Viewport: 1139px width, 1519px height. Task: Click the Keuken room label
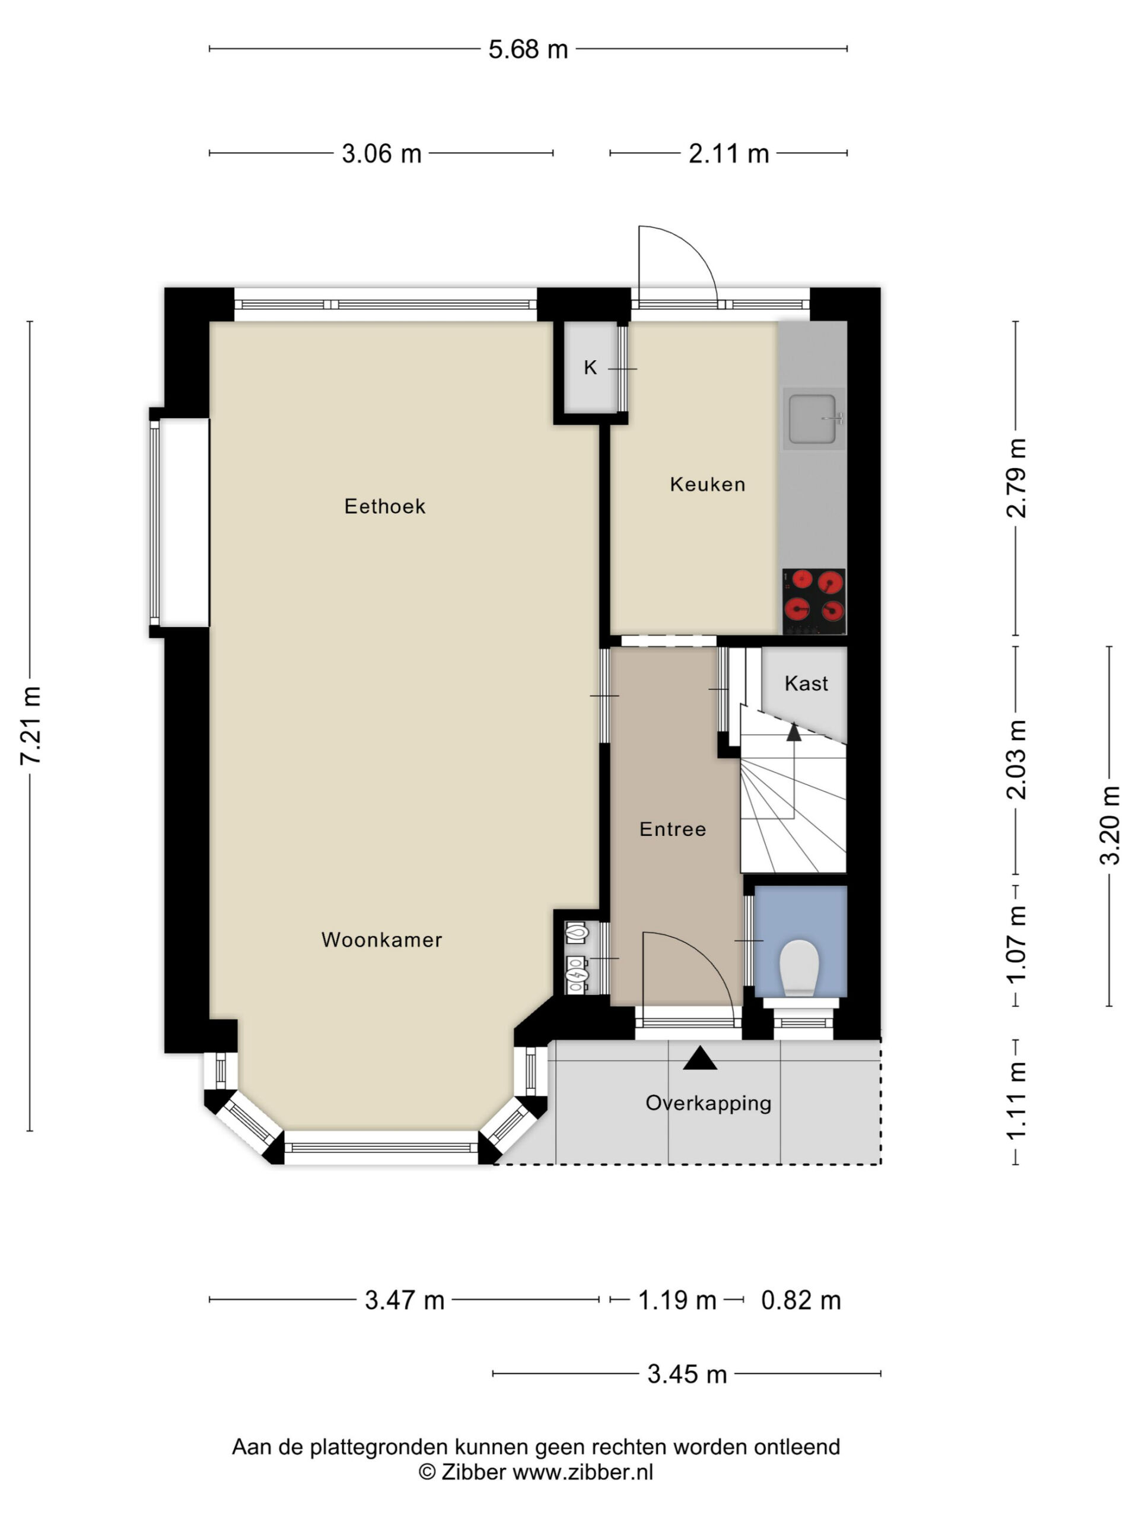pos(707,484)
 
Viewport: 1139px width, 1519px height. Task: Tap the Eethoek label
pos(384,506)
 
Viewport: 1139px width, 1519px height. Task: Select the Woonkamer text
pos(381,939)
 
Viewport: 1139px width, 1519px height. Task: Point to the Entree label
pos(672,829)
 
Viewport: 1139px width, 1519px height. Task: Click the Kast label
pos(806,684)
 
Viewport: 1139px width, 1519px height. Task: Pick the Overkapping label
pos(708,1104)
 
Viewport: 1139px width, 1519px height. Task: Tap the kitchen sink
pos(813,418)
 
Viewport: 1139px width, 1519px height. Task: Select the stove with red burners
pos(813,602)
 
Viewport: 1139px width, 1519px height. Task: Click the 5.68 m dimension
pos(528,49)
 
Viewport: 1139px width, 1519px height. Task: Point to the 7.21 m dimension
pos(31,724)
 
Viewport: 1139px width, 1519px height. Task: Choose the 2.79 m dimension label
pos(1016,478)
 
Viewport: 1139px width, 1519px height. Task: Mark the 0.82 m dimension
pos(800,1300)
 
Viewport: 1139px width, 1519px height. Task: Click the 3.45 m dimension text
pos(686,1374)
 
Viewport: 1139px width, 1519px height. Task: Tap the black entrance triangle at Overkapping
pos(699,1058)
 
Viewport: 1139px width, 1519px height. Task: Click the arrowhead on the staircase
pos(794,732)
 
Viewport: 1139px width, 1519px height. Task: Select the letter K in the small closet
pos(590,368)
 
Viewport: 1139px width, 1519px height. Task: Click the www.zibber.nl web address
pos(583,1472)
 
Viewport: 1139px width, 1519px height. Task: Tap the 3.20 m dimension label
pos(1109,825)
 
